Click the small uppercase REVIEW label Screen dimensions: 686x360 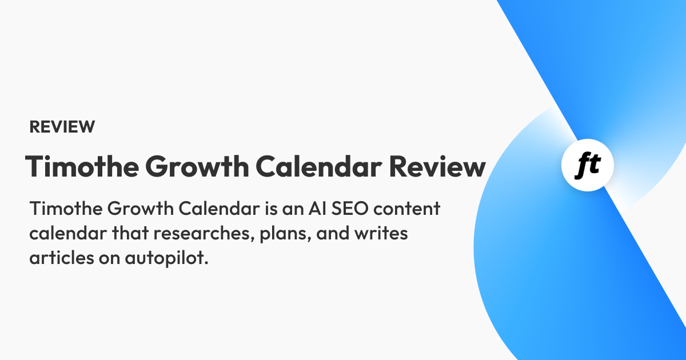62,127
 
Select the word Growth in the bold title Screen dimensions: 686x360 197,166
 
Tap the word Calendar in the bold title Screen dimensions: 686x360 319,166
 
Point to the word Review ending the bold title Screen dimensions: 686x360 438,166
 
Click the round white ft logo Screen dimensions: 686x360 588,165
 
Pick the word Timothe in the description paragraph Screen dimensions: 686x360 66,209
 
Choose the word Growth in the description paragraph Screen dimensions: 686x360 141,209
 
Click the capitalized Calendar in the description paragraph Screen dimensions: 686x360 220,209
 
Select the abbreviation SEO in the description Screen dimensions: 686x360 350,209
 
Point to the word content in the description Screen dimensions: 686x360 406,209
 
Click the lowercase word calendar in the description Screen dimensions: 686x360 68,233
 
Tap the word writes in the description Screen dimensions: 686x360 381,233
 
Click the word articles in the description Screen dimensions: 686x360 62,258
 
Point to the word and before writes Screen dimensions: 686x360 333,233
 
